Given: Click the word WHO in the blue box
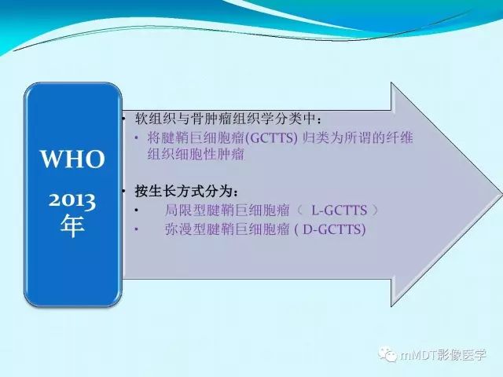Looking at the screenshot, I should pyautogui.click(x=73, y=160).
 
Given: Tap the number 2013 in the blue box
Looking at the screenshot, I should pyautogui.click(x=73, y=201).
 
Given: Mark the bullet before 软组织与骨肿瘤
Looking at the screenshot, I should pyautogui.click(x=125, y=120).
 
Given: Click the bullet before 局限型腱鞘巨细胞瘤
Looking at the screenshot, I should pyautogui.click(x=137, y=211).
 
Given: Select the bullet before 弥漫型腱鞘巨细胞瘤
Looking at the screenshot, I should pyautogui.click(x=137, y=230).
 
